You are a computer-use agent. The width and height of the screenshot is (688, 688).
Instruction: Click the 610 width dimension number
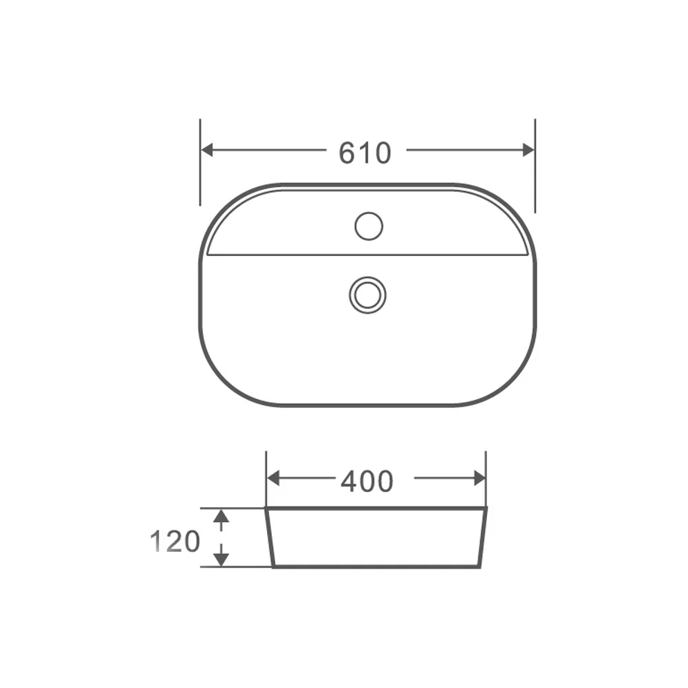(365, 153)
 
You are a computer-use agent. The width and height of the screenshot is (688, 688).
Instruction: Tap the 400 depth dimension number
(367, 482)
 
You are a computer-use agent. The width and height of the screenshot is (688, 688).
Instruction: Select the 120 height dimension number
(175, 541)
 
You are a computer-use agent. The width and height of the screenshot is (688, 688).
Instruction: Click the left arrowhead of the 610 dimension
(206, 149)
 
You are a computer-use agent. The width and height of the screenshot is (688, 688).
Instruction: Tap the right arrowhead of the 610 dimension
(528, 149)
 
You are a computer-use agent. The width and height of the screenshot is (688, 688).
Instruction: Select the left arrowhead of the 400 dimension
(273, 478)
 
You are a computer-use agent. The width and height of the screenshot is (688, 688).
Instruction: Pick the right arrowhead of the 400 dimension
(480, 478)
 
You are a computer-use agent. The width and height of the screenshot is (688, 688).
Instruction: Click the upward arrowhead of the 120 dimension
(221, 515)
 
